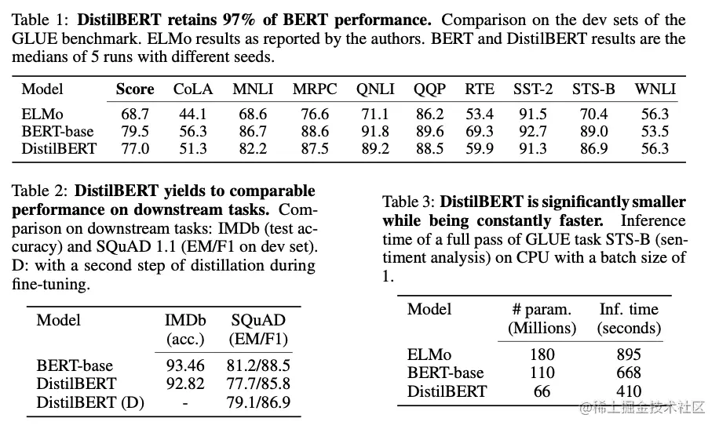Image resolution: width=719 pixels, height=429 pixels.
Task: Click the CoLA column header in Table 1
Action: coord(193,89)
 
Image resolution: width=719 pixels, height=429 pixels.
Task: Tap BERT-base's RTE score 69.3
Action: coord(479,131)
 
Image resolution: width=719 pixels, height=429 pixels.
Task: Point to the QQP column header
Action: coord(429,89)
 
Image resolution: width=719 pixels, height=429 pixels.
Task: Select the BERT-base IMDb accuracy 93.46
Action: coord(185,365)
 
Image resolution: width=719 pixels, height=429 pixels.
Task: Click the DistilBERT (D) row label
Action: coord(85,403)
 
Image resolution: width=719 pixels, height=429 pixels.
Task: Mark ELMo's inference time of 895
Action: coord(628,354)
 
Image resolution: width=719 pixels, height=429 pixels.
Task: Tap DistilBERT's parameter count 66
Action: coord(542,391)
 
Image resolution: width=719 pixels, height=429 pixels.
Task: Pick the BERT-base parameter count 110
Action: coord(542,373)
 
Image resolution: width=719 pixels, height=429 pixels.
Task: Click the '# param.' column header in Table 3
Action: coord(542,310)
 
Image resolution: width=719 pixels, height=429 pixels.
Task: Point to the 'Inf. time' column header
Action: coord(629,309)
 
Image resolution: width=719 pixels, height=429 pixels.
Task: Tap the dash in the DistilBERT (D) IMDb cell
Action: coord(185,403)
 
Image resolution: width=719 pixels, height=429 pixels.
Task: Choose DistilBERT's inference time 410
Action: coord(628,391)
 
